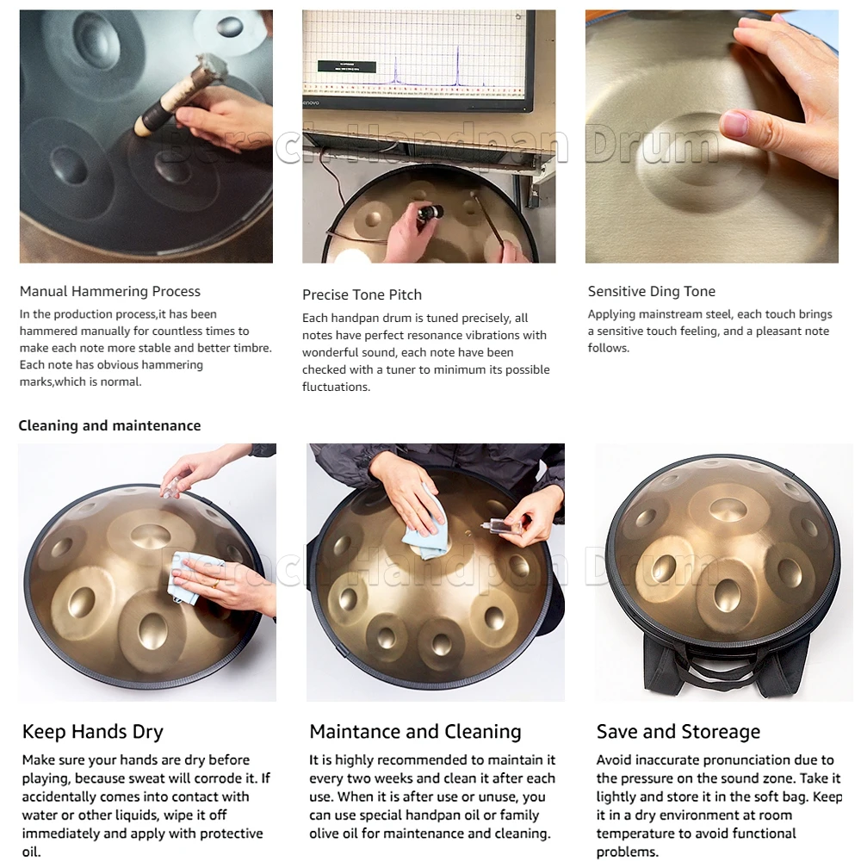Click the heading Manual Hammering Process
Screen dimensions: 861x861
pyautogui.click(x=110, y=291)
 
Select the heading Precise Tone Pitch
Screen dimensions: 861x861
pyautogui.click(x=362, y=294)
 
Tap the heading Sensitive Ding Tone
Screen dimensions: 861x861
pyautogui.click(x=651, y=291)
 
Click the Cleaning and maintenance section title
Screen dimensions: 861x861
pyautogui.click(x=110, y=425)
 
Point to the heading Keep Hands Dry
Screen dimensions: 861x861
pyautogui.click(x=93, y=732)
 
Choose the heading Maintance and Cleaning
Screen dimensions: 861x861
pyautogui.click(x=415, y=731)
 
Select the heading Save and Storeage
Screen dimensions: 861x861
pyautogui.click(x=678, y=732)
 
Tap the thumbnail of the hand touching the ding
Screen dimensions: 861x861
pyautogui.click(x=712, y=136)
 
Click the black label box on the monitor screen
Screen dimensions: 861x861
pyautogui.click(x=347, y=67)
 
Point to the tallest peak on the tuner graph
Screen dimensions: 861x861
pyautogui.click(x=457, y=66)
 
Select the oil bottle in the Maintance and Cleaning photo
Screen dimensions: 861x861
pyautogui.click(x=499, y=526)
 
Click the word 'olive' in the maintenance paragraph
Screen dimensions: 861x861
pyautogui.click(x=330, y=833)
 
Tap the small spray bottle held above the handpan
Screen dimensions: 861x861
pyautogui.click(x=171, y=487)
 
